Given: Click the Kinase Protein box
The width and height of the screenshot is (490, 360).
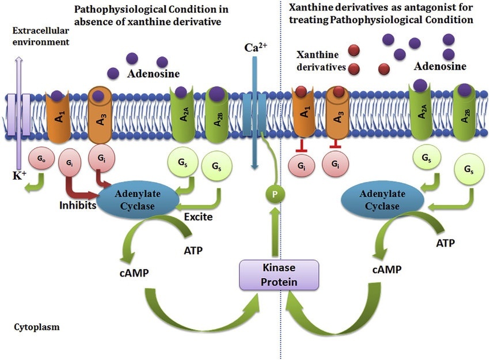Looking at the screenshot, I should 279,275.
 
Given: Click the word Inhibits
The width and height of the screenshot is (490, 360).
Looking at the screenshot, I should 76,205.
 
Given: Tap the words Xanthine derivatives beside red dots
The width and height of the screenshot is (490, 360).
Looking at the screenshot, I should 321,60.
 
